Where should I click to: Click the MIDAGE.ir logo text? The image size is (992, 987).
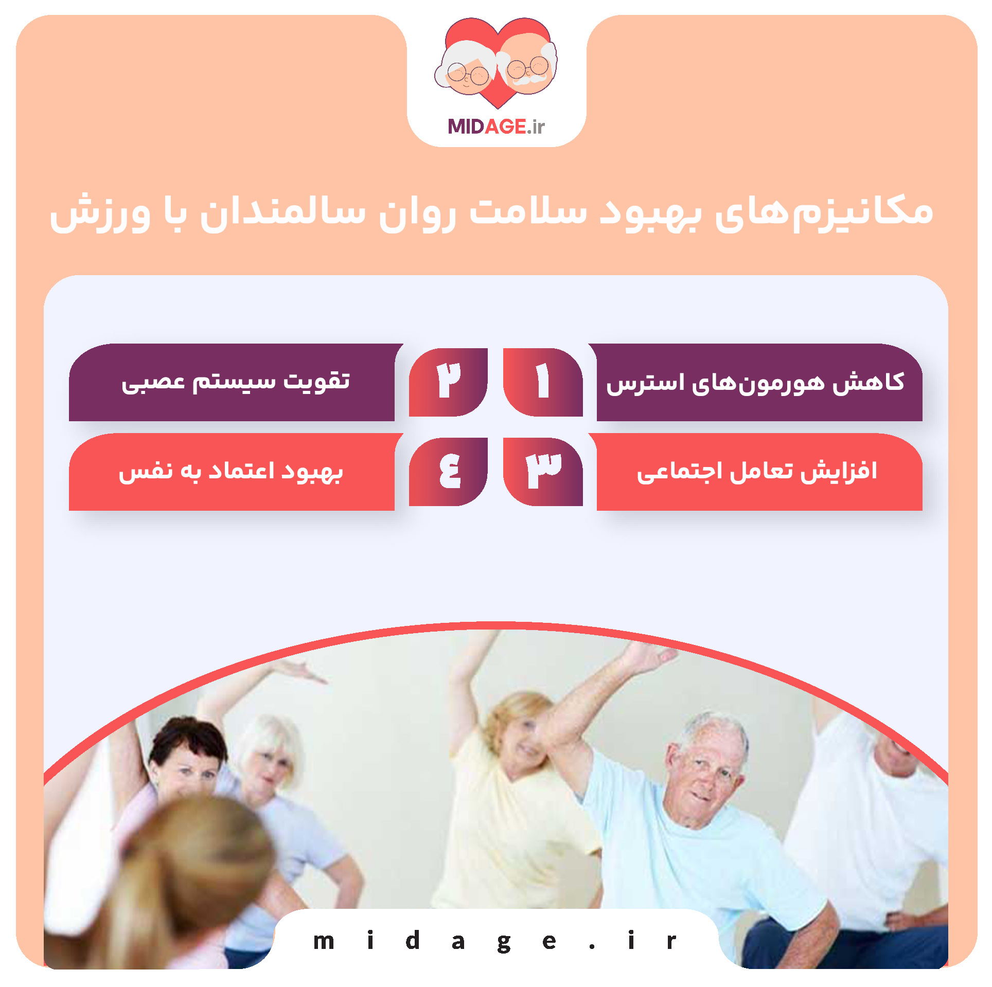[496, 127]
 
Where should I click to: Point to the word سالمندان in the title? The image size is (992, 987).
[283, 212]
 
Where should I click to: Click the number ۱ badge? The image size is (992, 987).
[543, 382]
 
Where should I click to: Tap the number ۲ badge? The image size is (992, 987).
[448, 382]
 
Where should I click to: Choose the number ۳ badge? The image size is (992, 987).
[543, 471]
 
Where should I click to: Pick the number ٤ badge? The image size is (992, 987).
[448, 471]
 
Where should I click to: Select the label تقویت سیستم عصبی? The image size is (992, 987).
[236, 382]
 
